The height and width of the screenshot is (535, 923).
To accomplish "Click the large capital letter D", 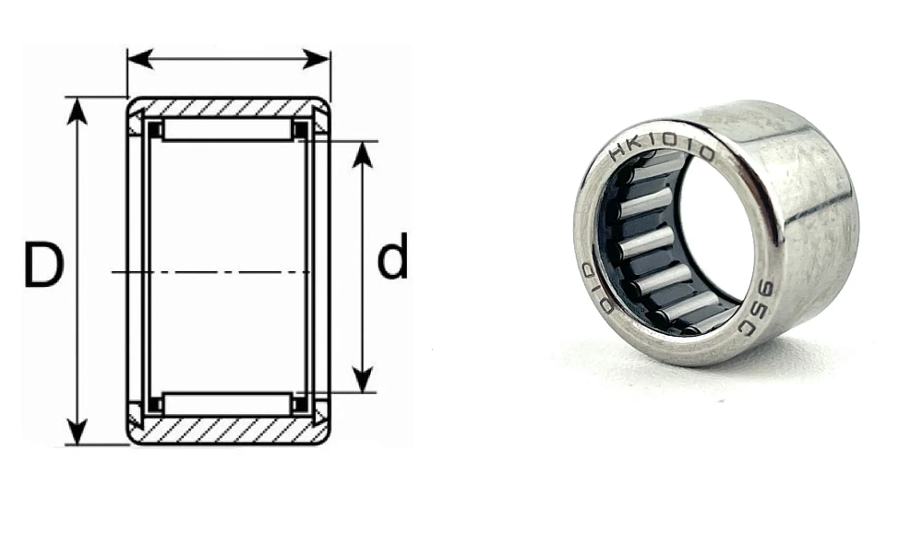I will click(43, 265).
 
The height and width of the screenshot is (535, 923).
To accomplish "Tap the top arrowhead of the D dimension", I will click(78, 109).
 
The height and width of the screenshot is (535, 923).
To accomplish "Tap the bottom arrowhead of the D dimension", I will click(78, 432).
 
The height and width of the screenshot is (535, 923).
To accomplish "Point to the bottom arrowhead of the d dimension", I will click(363, 379).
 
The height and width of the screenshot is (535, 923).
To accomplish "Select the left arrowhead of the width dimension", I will click(139, 60).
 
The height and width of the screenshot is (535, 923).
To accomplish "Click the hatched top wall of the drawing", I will click(228, 107).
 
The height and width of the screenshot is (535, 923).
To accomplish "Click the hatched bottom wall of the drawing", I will click(228, 430).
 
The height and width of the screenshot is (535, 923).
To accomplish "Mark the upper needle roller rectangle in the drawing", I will click(228, 130).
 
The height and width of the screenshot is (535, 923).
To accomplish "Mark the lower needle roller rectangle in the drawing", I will click(228, 403).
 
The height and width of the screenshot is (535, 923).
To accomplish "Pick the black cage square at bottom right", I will click(300, 403).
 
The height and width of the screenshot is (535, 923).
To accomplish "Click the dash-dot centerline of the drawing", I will click(212, 272).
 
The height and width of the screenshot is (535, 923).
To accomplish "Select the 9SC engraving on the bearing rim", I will click(754, 304).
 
